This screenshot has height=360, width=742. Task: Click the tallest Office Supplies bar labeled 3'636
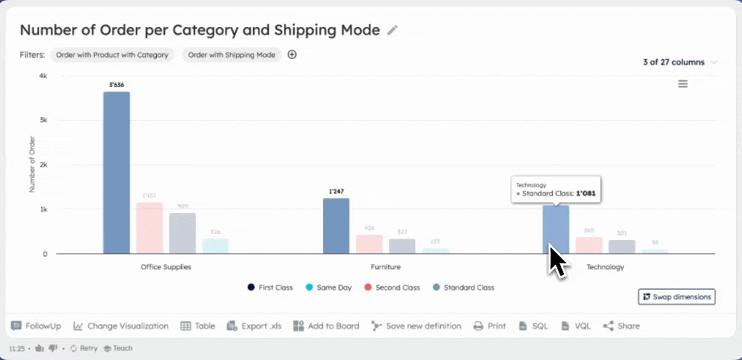116,172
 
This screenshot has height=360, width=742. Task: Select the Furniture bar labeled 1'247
336,225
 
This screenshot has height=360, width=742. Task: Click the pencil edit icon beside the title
393,30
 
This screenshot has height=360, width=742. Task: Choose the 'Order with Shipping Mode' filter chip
231,55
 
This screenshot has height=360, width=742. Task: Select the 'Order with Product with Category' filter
112,55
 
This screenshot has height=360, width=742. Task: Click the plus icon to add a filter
292,55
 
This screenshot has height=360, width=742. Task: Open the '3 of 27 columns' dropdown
680,62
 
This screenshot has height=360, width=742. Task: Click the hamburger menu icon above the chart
683,84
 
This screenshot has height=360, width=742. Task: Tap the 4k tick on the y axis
43,76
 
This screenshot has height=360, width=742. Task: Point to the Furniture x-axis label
385,266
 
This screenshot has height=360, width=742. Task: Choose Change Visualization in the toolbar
121,326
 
